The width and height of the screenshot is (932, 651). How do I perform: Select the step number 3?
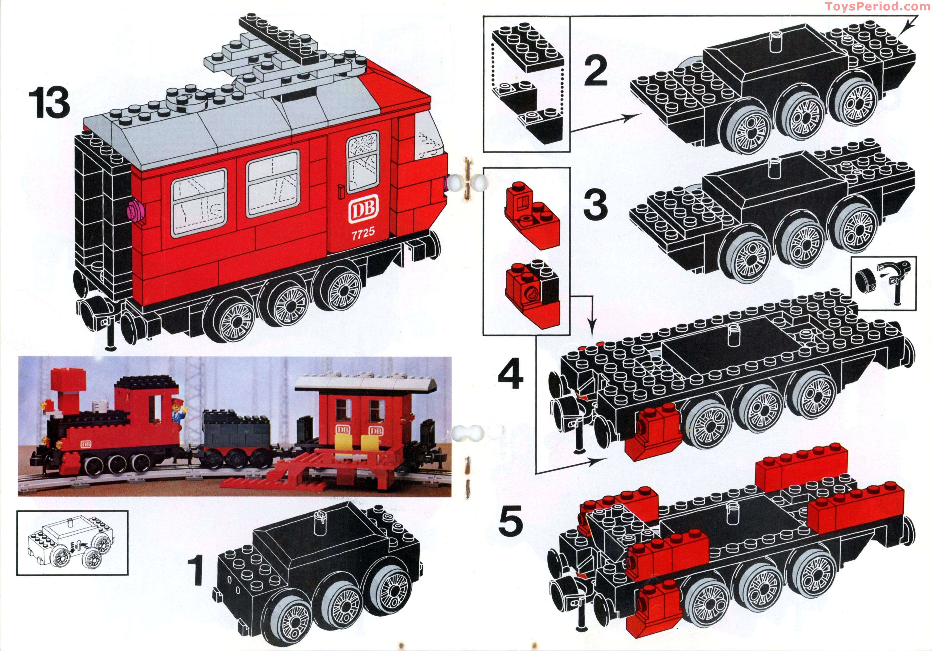[x=596, y=205]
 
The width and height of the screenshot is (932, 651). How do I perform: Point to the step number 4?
[x=511, y=375]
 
